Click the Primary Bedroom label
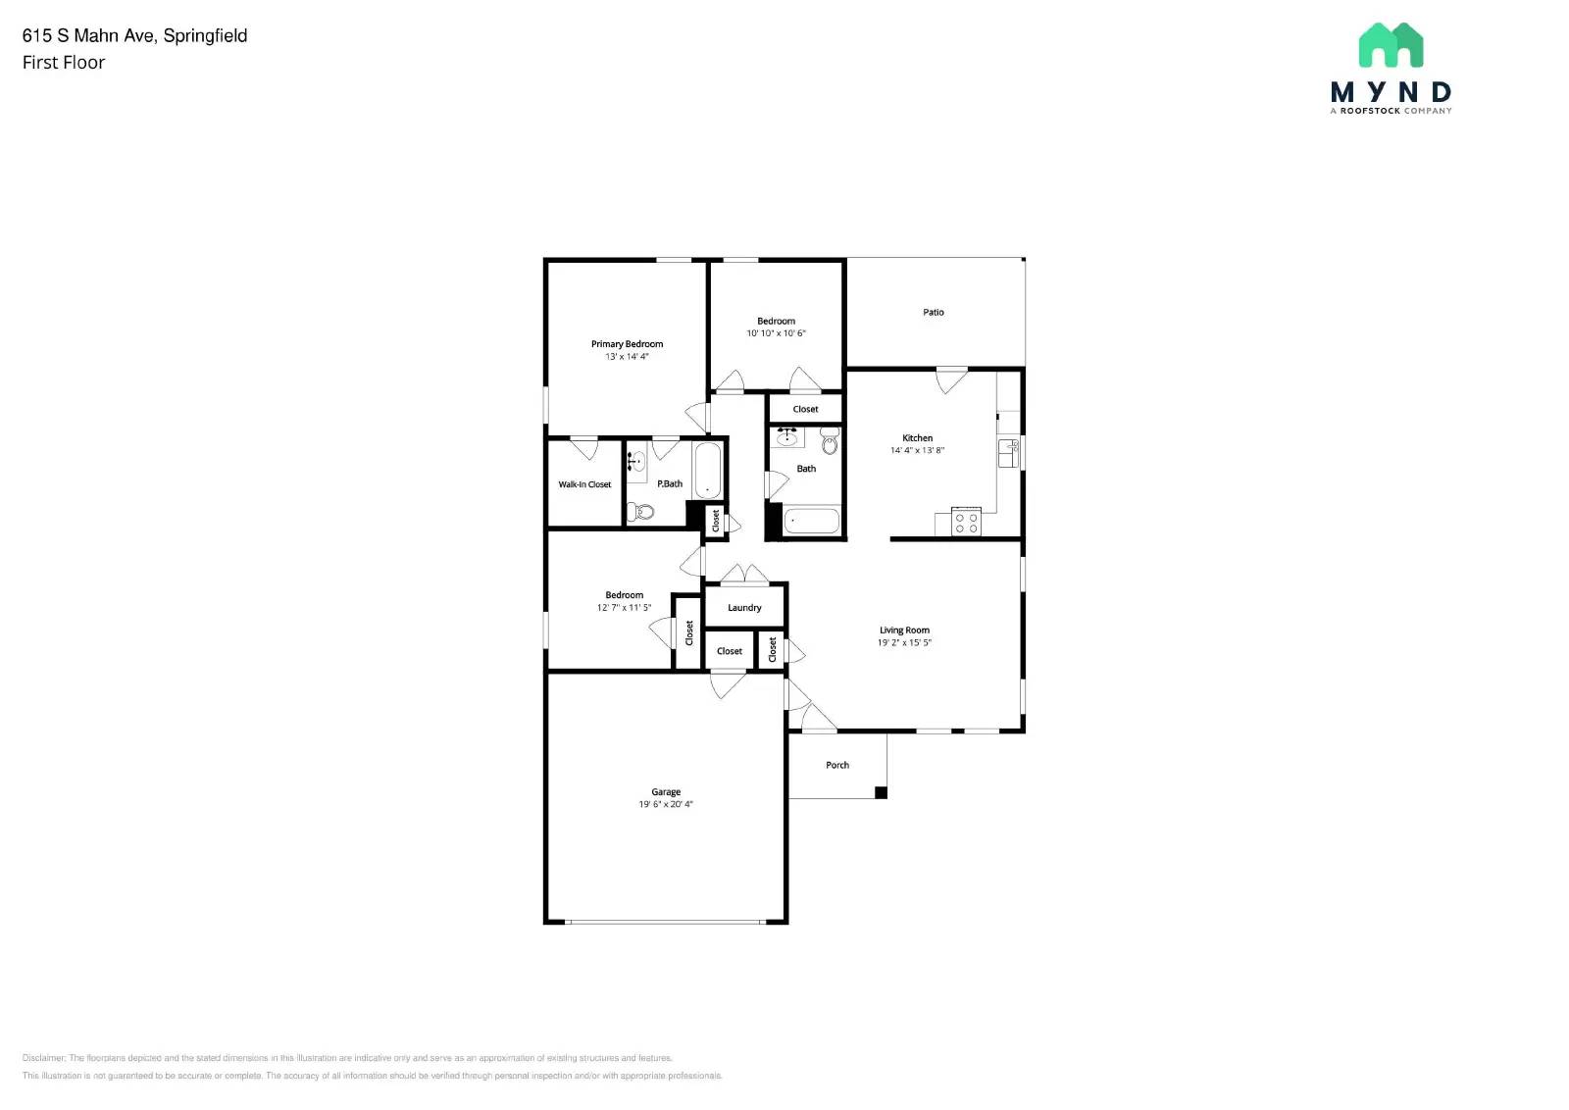[x=627, y=344]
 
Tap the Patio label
[x=934, y=313]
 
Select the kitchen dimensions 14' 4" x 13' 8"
[x=917, y=451]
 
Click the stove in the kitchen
[x=966, y=522]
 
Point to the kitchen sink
[x=1008, y=453]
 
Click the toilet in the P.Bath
[x=641, y=511]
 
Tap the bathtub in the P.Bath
[x=707, y=472]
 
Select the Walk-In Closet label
[x=584, y=484]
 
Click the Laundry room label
[x=744, y=608]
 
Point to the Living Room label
[x=904, y=631]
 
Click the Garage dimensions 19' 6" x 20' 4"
[x=666, y=804]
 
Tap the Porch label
[x=837, y=766]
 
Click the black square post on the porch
[x=881, y=792]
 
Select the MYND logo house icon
[x=1391, y=45]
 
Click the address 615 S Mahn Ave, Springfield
[x=135, y=36]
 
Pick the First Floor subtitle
[x=64, y=63]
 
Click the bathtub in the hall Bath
[x=812, y=521]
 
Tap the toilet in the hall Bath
[x=831, y=444]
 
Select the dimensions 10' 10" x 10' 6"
[x=776, y=333]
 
